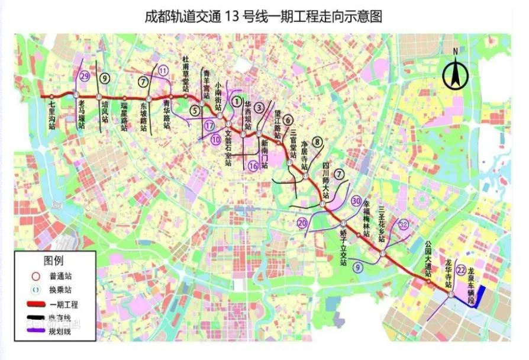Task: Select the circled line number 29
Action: coord(85,76)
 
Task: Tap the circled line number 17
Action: coord(209,126)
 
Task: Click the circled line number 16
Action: coord(253,166)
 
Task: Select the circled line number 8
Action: coord(318,142)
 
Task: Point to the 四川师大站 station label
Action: coord(325,175)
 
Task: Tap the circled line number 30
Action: coord(356,201)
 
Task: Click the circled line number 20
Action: coord(302,223)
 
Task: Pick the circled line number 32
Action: coord(404,224)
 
